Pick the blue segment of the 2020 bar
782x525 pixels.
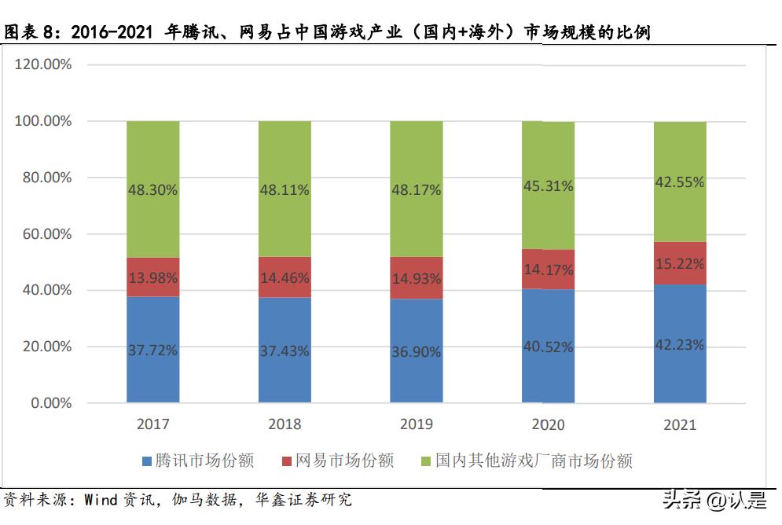click(548, 369)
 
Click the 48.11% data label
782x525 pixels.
click(285, 189)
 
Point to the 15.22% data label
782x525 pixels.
click(679, 263)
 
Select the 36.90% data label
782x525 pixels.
click(416, 351)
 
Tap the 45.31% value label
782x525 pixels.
click(548, 186)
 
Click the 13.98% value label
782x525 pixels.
click(152, 277)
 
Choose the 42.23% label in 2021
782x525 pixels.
click(679, 345)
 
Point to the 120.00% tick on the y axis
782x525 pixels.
click(43, 64)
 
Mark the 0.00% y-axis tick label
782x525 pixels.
click(50, 403)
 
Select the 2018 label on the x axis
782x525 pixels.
click(285, 425)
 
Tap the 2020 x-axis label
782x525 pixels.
click(548, 425)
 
